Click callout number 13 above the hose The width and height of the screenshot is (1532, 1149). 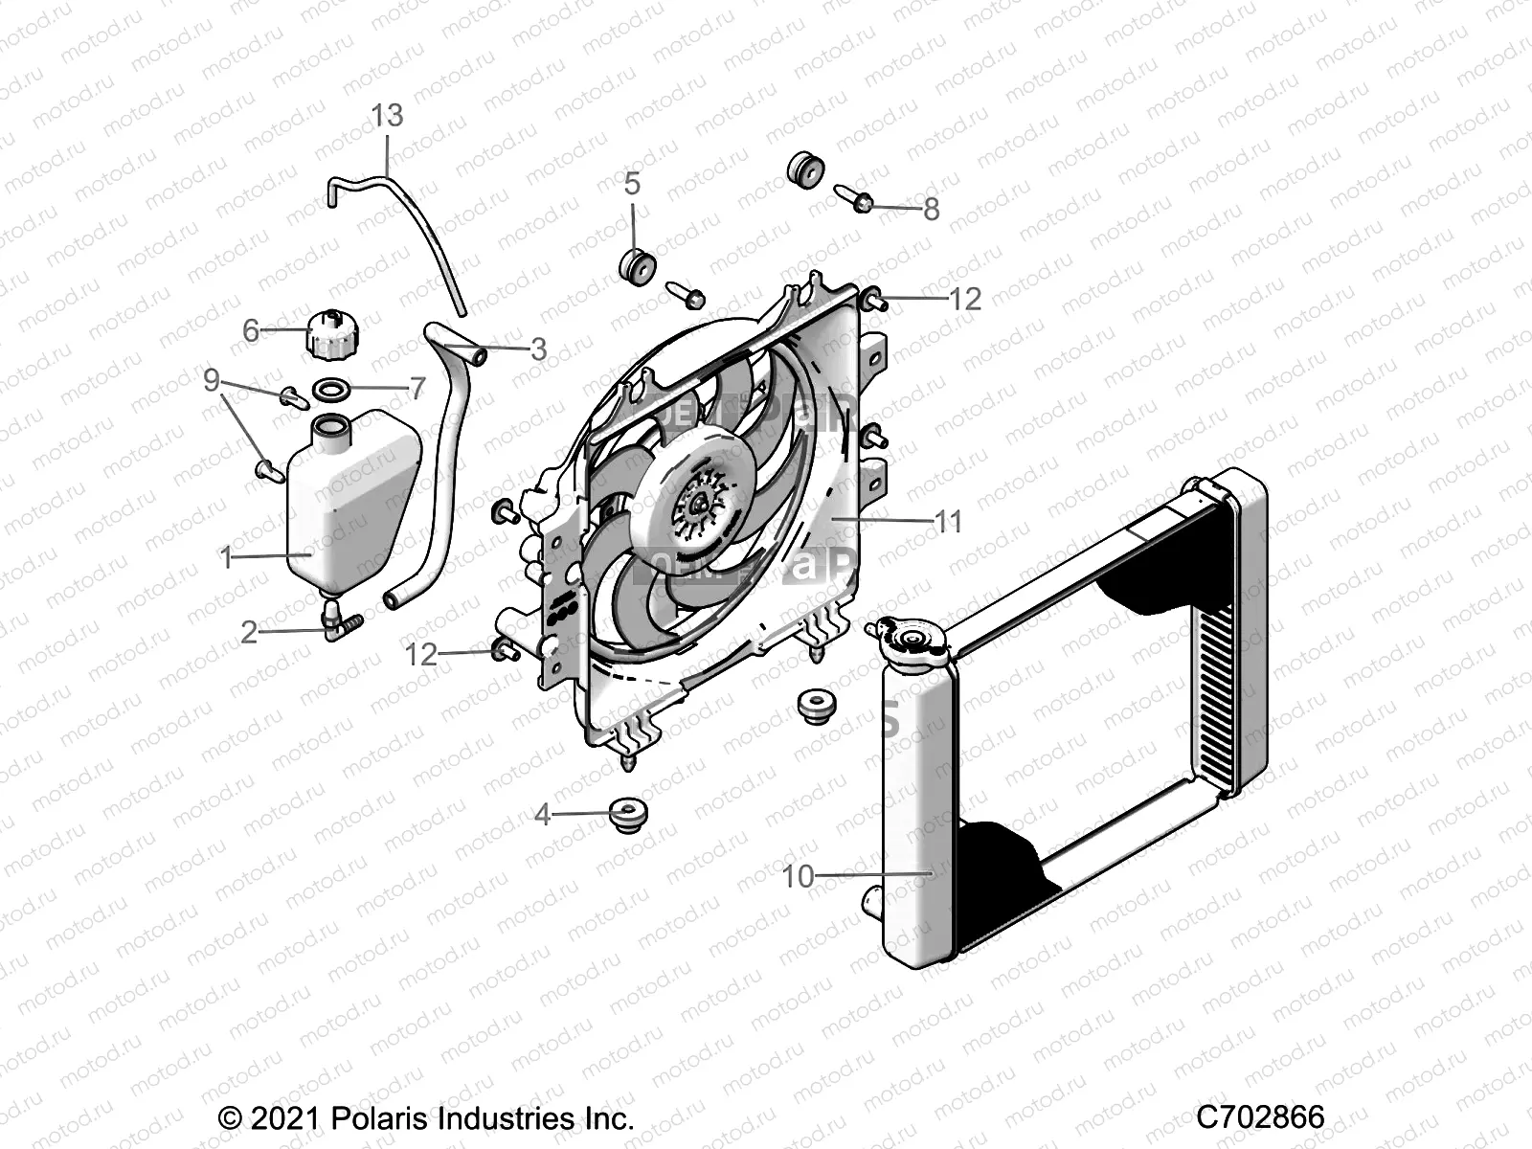387,116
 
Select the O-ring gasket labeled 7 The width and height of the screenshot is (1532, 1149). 330,389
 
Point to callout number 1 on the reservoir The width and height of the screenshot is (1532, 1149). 227,556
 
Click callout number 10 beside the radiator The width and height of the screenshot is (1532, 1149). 798,875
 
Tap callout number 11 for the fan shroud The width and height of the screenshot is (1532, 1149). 948,522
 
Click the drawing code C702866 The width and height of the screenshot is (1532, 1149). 1260,1116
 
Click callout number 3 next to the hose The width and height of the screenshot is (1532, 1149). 538,349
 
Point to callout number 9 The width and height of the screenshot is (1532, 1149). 212,381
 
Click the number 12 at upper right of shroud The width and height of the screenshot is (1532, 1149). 964,300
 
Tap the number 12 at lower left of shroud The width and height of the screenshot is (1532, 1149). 421,655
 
